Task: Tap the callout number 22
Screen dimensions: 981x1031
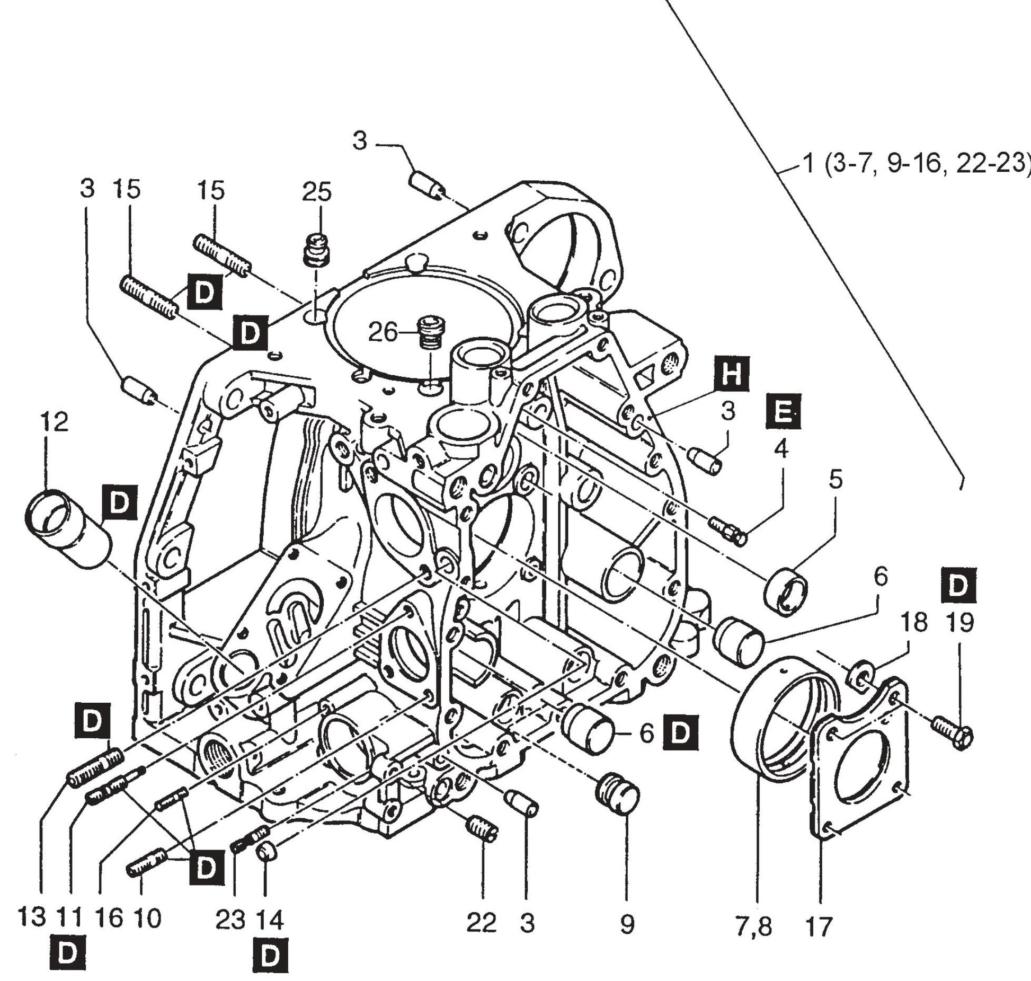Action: [482, 923]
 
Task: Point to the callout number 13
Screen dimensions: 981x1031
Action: [31, 917]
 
